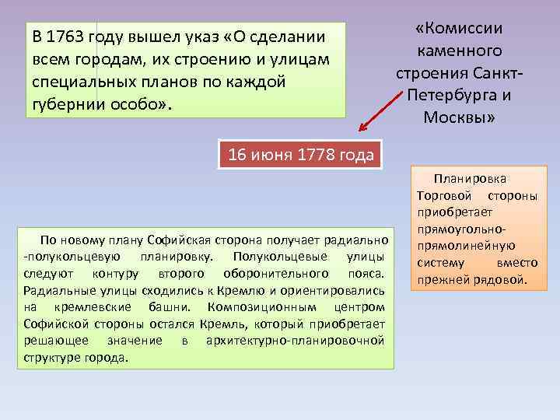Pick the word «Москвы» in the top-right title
point(459,117)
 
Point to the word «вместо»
point(518,263)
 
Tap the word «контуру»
point(116,274)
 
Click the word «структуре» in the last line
point(50,358)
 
